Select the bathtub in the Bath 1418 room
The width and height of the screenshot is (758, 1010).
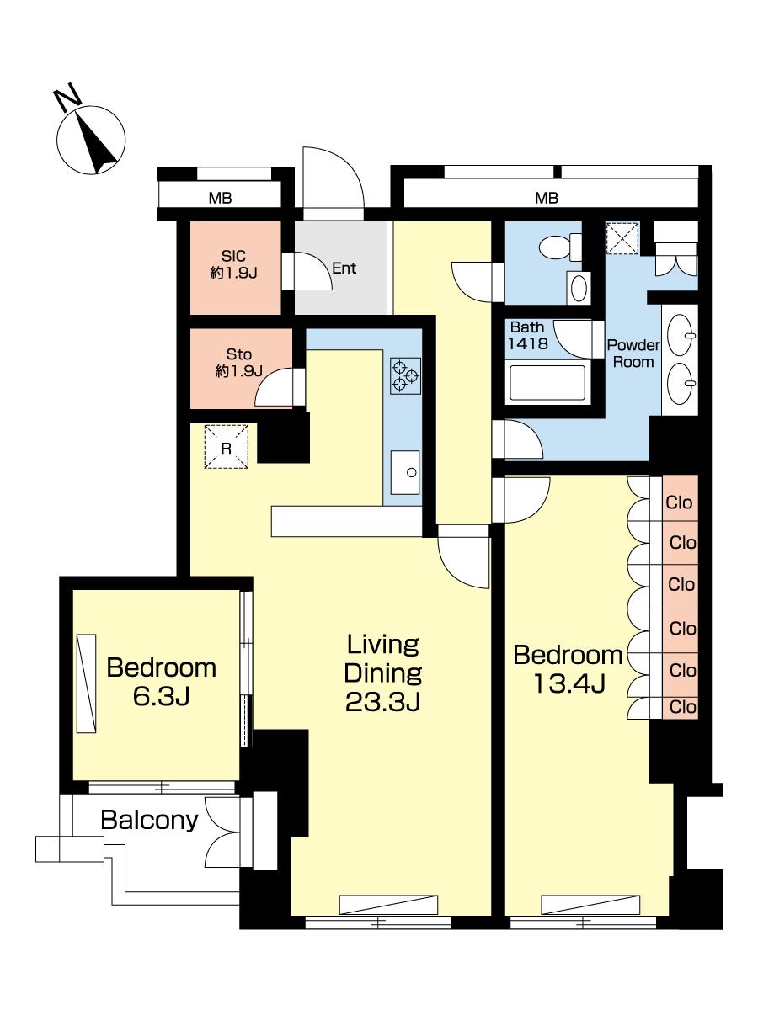tap(547, 381)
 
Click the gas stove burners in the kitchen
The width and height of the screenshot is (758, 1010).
tap(405, 375)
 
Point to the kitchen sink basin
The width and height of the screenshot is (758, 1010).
tap(405, 472)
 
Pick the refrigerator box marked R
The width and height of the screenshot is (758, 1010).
tap(227, 446)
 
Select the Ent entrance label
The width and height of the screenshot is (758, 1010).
tap(344, 268)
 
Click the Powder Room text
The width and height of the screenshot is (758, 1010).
tap(633, 353)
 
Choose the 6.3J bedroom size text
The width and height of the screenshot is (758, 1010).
tap(162, 697)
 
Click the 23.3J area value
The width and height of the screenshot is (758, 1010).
tap(383, 702)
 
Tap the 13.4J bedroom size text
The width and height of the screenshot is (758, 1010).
tap(568, 683)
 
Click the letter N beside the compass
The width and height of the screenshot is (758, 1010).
tap(67, 98)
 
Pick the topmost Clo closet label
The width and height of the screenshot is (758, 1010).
tap(679, 502)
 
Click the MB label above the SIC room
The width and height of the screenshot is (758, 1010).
tap(220, 199)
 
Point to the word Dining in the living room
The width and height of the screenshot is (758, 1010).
tap(383, 673)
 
